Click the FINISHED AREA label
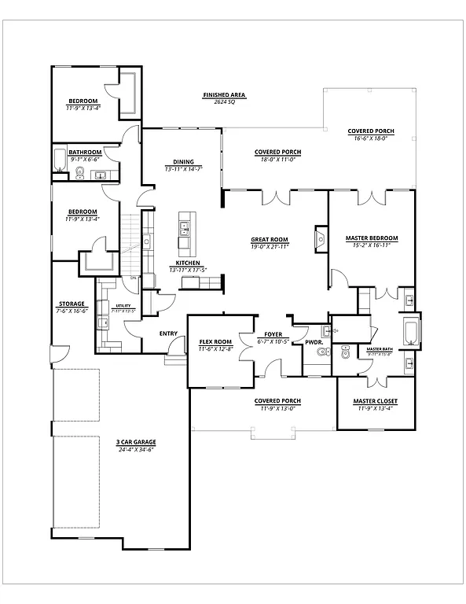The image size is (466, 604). click(224, 94)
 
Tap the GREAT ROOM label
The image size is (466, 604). click(270, 239)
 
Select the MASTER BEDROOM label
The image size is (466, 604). click(372, 238)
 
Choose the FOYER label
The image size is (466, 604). click(273, 334)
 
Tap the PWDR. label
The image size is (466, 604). click(314, 342)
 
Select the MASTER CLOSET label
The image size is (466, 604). click(375, 401)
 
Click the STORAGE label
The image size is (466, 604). click(71, 304)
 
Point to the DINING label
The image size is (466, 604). click(184, 162)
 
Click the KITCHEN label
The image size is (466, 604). click(188, 263)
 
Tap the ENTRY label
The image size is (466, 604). click(168, 333)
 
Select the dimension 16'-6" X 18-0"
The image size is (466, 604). click(371, 138)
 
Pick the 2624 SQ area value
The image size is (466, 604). click(224, 102)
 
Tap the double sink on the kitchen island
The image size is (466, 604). click(185, 229)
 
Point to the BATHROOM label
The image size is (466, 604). click(84, 152)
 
